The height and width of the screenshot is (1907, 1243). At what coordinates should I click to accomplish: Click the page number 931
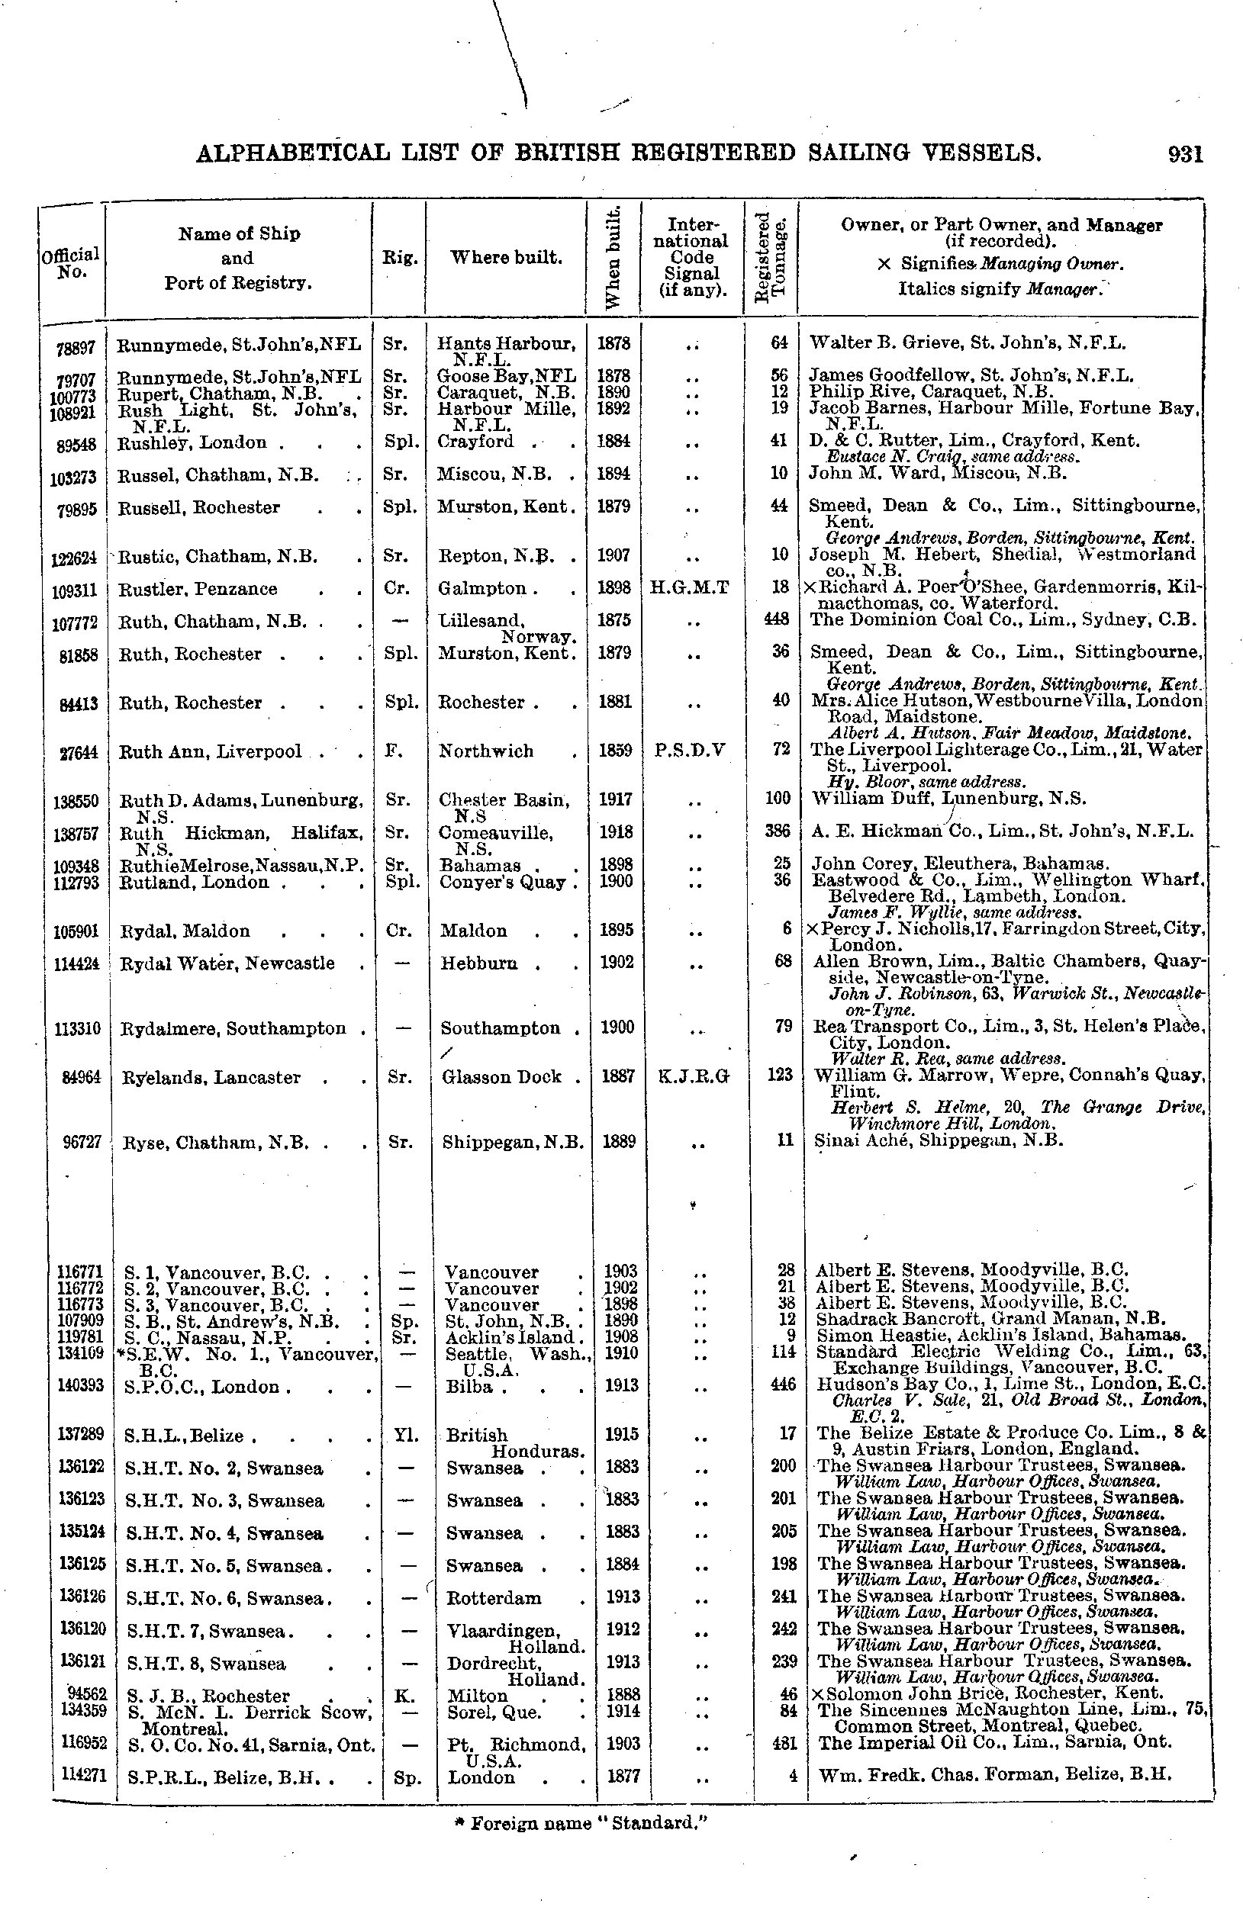[x=1185, y=153]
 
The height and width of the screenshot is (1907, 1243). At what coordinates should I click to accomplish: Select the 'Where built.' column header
[x=506, y=258]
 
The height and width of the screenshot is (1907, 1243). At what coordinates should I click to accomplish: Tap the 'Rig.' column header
[x=398, y=258]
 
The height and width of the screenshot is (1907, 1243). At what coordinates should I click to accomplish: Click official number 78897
[x=76, y=348]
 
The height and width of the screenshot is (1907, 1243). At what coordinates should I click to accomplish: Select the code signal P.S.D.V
[x=690, y=750]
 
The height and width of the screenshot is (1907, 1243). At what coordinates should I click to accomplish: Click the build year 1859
[x=615, y=750]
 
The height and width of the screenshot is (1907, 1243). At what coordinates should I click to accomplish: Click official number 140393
[x=79, y=1384]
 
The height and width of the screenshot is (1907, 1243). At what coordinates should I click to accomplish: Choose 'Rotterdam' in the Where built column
[x=494, y=1598]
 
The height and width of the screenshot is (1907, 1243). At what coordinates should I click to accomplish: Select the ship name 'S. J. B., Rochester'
[x=208, y=1696]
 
